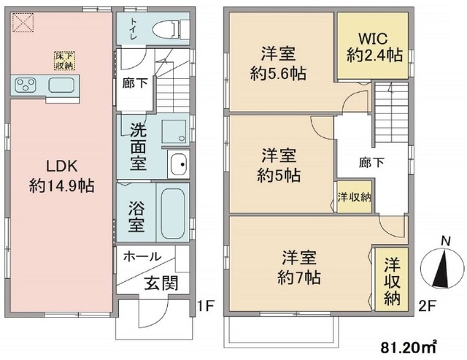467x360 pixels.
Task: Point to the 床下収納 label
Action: point(66,61)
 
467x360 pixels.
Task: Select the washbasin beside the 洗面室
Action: point(178,164)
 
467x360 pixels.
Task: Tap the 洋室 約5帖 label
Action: point(280,166)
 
